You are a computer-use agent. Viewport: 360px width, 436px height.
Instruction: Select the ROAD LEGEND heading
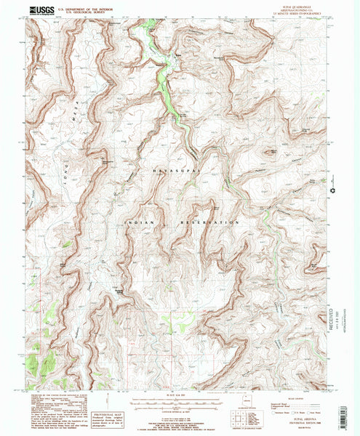click(x=292, y=398)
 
